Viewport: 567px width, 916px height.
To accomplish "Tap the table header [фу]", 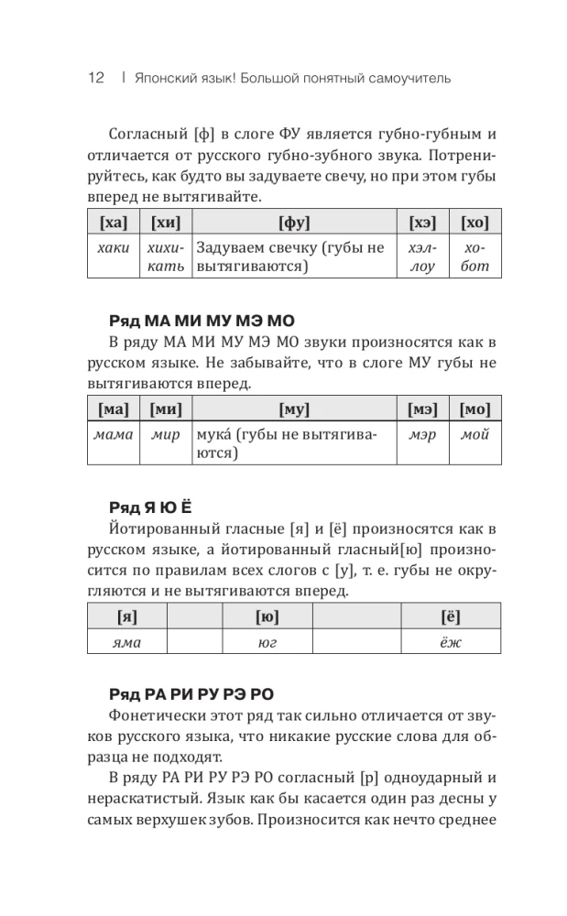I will click(294, 223).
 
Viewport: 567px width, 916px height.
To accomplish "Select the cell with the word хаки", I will click(113, 248).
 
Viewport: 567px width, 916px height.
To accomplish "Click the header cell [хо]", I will click(474, 223).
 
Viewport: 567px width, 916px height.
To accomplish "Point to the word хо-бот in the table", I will click(474, 257).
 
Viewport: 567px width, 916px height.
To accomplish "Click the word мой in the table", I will click(474, 434).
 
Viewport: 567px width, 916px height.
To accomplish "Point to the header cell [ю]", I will click(267, 616).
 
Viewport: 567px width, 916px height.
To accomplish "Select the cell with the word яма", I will click(126, 642).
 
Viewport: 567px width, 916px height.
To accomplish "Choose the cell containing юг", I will click(267, 642).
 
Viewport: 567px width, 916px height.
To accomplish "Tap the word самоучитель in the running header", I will click(409, 79).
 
